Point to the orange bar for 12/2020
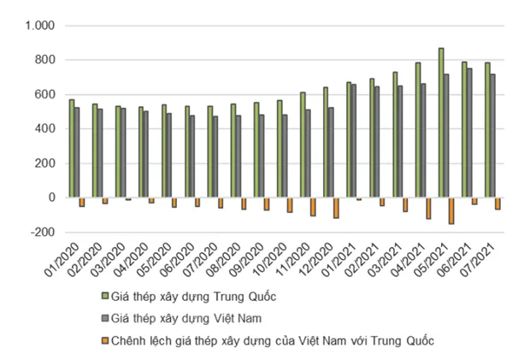336,208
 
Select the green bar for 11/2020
303,145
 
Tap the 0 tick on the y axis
51,198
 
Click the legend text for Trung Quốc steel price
201,298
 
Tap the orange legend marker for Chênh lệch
105,341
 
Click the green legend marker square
105,298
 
